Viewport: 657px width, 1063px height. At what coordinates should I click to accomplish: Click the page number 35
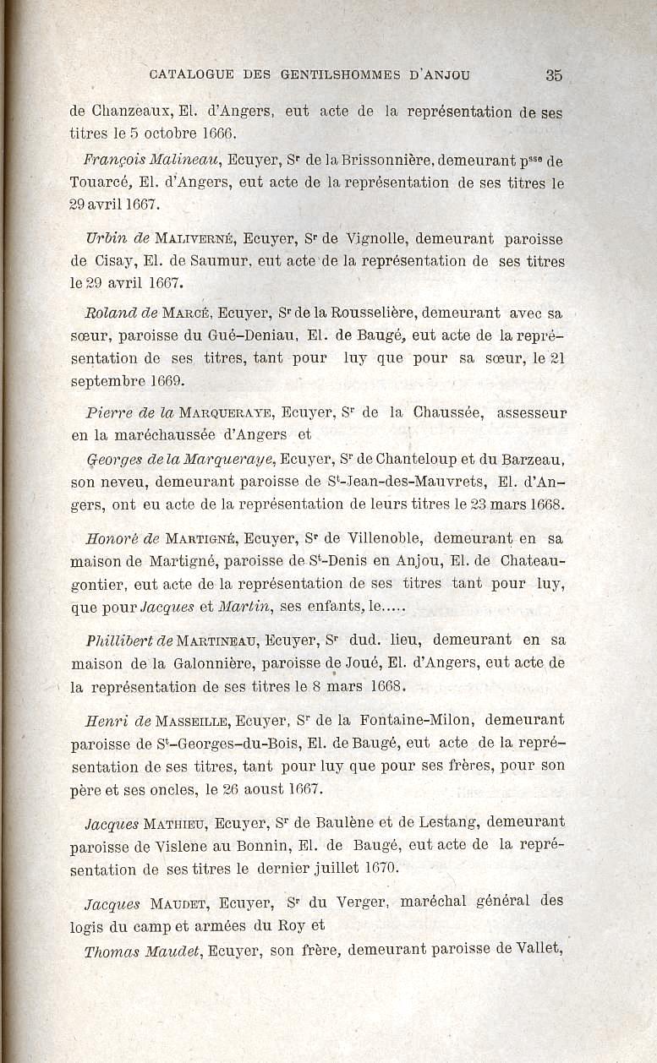(x=554, y=74)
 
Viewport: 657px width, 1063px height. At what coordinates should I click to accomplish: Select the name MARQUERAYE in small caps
(x=226, y=413)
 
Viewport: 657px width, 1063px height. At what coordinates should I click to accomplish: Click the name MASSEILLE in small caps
(x=194, y=721)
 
